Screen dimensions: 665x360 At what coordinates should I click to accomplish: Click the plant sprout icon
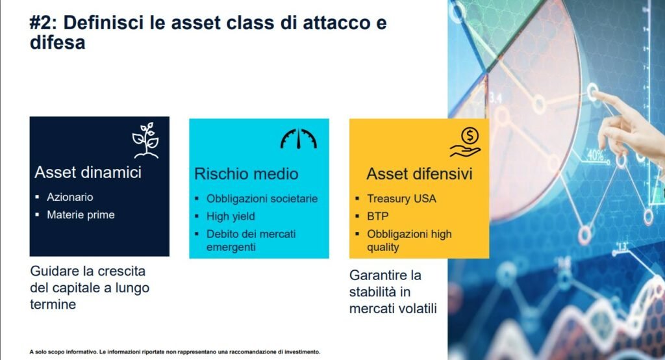[145, 140]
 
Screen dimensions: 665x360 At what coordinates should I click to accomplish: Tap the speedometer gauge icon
[299, 138]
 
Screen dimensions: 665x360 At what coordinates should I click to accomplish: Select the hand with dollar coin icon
[466, 142]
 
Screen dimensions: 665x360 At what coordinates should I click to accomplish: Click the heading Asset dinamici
[88, 172]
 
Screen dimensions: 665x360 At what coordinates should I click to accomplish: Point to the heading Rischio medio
[246, 174]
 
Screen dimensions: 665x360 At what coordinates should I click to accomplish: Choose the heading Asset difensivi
[419, 174]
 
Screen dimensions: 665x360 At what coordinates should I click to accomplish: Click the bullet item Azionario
[70, 197]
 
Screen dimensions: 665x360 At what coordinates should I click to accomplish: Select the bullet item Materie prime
[81, 215]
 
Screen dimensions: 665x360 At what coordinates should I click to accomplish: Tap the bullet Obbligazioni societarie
[262, 199]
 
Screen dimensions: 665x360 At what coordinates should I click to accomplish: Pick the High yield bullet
[231, 216]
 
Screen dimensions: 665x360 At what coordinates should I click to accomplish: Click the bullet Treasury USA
[401, 199]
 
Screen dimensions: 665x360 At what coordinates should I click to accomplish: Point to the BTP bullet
[377, 216]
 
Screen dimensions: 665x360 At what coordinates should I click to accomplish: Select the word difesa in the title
[57, 42]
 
